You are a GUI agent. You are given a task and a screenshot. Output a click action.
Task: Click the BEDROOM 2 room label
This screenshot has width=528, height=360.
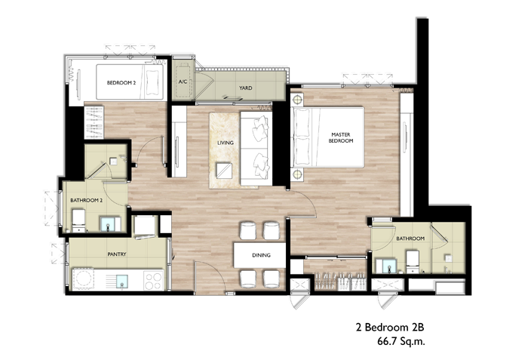point(121,82)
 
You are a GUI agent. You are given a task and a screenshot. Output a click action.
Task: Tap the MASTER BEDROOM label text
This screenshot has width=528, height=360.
point(341,137)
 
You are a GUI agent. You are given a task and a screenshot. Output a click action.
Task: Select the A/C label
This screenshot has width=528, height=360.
point(183,82)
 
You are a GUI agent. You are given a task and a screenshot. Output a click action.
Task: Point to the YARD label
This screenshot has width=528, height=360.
point(245,88)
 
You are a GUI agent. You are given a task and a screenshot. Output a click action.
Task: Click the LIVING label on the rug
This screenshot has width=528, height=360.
point(226,143)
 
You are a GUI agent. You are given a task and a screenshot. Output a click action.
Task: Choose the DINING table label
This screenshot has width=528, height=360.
point(261,255)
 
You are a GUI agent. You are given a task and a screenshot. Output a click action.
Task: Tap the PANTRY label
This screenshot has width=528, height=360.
point(117,254)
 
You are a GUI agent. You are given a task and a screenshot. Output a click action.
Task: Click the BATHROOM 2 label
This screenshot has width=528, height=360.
point(87,200)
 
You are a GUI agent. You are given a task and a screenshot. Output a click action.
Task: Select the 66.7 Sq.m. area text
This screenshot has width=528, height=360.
point(401,341)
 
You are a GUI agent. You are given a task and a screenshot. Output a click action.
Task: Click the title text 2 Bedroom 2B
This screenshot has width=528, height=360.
point(390,327)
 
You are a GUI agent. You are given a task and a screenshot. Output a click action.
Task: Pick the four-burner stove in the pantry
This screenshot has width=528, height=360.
point(154,281)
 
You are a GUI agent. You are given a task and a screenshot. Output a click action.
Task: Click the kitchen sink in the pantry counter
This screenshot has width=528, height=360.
point(122,282)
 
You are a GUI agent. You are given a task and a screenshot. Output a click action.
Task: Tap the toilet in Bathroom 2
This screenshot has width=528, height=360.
point(79,221)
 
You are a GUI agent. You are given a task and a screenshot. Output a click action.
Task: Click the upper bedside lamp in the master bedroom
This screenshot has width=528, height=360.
point(297,100)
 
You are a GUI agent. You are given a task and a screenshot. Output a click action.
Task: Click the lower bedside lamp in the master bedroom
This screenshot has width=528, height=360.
point(297,174)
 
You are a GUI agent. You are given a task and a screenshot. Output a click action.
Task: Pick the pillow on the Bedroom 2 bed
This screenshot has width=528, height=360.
point(154,82)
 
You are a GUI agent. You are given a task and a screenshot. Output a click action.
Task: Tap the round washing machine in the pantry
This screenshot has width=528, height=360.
point(83,279)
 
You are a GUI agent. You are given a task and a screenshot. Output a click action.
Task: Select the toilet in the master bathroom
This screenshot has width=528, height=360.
point(413,262)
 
